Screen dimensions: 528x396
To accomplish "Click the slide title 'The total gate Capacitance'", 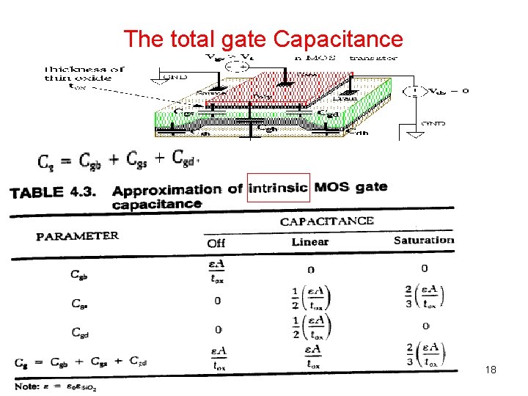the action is [264, 38].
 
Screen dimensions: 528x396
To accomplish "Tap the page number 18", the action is [491, 370].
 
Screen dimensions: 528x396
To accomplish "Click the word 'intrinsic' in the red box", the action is [279, 187].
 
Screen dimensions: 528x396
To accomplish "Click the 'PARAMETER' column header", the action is [78, 236].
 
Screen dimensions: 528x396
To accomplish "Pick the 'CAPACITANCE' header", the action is [326, 221].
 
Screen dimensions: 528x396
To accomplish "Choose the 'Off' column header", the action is [216, 242].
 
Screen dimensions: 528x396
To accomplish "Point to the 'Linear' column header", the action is [310, 241].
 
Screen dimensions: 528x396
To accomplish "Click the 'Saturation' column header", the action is [423, 240].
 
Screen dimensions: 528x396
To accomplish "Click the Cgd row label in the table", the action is [81, 331].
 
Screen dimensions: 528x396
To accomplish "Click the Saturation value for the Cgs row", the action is [425, 296].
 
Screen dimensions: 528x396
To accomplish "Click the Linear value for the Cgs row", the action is [311, 296].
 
